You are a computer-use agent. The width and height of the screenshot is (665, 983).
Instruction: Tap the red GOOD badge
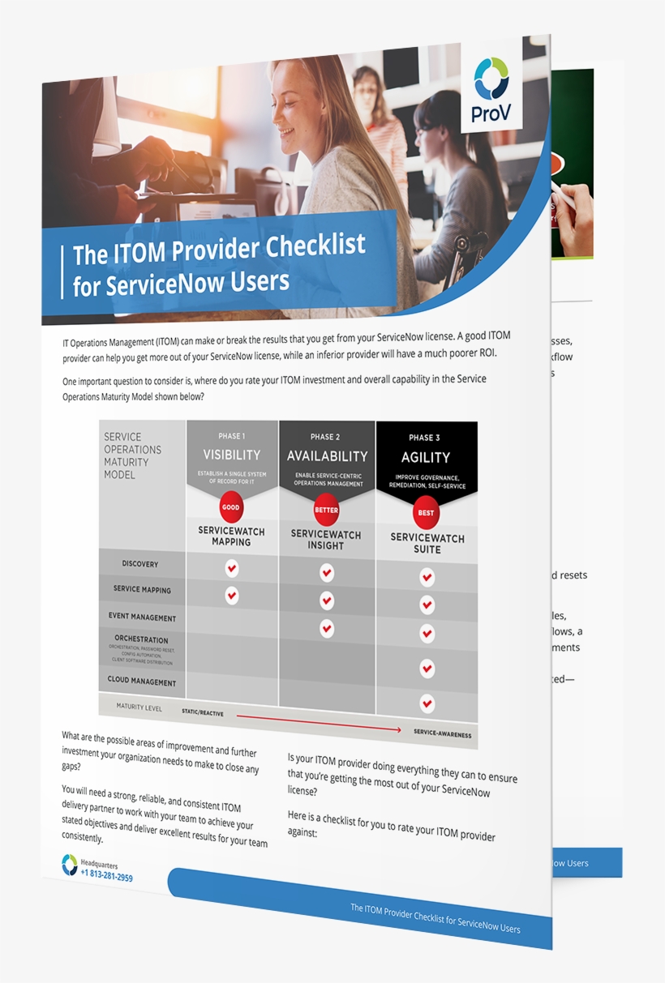click(231, 508)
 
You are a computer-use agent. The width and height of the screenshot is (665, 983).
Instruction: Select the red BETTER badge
click(326, 511)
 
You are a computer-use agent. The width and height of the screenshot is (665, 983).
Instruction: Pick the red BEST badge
click(426, 513)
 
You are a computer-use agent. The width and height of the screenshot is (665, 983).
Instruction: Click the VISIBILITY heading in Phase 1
click(232, 455)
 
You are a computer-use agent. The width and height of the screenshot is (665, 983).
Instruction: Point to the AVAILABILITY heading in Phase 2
click(327, 456)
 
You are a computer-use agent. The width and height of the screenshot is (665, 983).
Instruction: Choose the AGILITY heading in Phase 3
click(426, 457)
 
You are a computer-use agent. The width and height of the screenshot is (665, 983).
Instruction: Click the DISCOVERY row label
click(140, 564)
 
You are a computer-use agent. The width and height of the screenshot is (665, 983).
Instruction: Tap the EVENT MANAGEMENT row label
click(143, 618)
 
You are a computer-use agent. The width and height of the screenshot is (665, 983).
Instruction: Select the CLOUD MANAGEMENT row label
click(142, 682)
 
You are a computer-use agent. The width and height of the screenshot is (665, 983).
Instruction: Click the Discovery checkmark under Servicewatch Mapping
click(231, 568)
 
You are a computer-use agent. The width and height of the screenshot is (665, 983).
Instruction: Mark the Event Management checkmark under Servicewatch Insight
click(327, 628)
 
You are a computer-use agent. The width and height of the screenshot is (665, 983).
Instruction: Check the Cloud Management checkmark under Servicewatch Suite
click(427, 703)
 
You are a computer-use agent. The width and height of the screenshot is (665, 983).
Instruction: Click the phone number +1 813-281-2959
click(106, 877)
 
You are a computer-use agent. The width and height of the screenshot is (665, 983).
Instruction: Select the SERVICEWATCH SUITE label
click(427, 543)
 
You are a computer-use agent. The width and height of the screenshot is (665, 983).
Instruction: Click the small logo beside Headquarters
click(70, 865)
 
